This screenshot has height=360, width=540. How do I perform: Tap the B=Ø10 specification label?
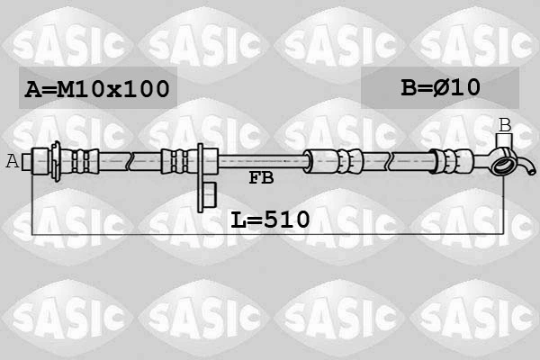pos(440,87)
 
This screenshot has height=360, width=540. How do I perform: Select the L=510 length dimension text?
pos(269,219)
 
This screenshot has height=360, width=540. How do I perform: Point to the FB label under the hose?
pos(261,178)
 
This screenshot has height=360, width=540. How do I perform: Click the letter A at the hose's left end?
pos(13,162)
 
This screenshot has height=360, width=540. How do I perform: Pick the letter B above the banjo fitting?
pos(505,125)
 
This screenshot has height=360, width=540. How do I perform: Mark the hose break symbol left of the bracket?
pos(131,162)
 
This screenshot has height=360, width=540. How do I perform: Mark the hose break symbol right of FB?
pos(389,162)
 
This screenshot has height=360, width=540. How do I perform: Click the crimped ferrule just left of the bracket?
pos(176,161)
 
